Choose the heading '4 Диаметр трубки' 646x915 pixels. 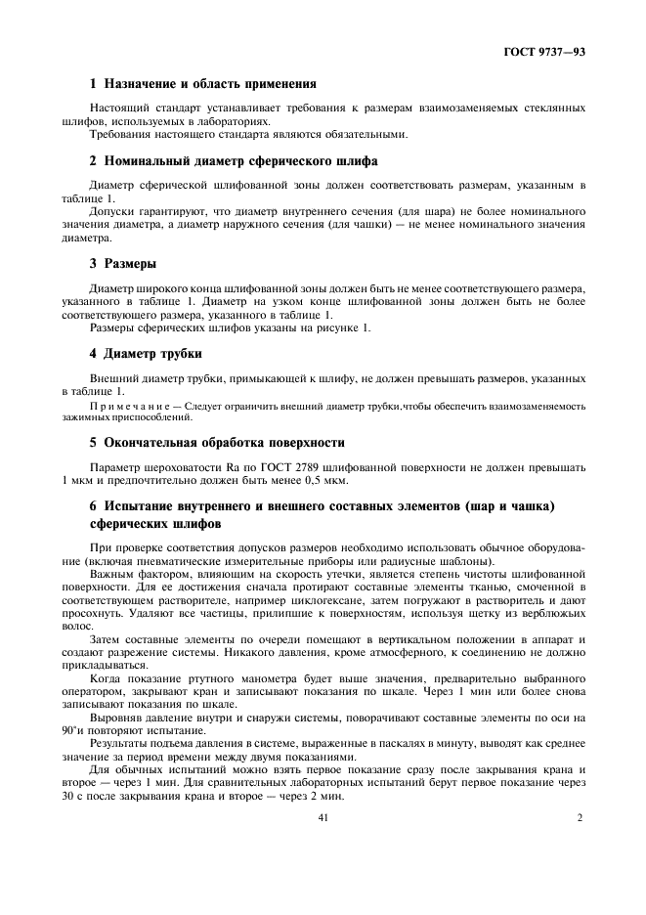146,353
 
